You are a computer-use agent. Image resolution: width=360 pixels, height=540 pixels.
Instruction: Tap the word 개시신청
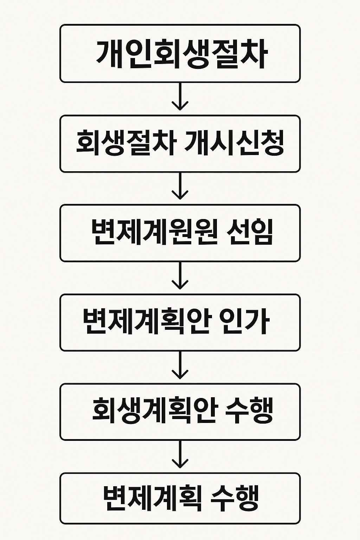click(234, 143)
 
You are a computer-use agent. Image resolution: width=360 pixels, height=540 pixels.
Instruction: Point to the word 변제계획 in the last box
click(153, 499)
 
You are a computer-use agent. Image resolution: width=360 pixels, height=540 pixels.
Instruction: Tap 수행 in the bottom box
click(235, 499)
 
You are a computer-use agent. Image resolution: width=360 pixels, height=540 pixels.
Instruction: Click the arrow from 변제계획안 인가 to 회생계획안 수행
click(180, 366)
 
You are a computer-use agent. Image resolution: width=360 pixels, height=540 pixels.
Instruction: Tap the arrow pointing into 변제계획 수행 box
click(180, 455)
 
